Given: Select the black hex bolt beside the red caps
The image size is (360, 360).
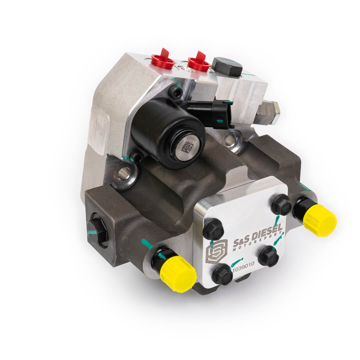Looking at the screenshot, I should (x=227, y=66).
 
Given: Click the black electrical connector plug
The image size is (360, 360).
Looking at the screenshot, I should (x=213, y=113).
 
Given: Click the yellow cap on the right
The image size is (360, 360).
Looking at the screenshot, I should (x=319, y=220).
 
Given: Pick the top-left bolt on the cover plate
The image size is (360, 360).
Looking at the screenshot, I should (x=213, y=230).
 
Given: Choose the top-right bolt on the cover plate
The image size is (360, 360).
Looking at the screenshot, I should (x=281, y=204).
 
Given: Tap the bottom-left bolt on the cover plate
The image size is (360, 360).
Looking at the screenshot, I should (x=222, y=274).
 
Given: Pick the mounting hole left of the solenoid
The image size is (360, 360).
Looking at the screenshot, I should (x=124, y=174).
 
